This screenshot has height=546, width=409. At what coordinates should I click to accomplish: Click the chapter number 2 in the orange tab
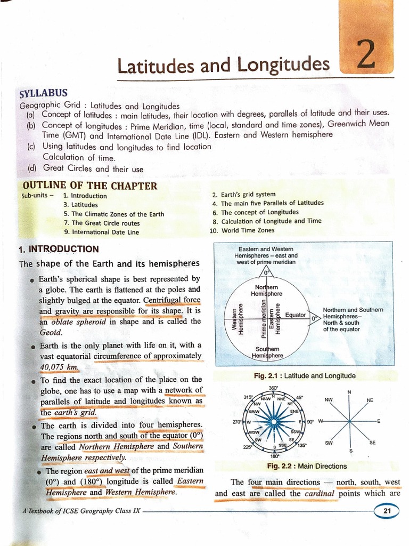pos(366,58)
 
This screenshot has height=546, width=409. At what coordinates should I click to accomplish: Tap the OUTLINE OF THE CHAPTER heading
pos(90,186)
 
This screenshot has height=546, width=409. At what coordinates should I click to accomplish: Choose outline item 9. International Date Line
pos(101,232)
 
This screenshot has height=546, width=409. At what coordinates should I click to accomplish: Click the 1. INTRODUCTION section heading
pos(59,249)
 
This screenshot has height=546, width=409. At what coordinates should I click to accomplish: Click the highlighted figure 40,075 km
pos(59,367)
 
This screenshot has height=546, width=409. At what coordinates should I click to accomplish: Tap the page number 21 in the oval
pos(386,511)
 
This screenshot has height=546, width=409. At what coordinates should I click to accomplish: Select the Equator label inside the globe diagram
pos(296,315)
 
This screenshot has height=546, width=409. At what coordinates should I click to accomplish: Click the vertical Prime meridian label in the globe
pos(264,318)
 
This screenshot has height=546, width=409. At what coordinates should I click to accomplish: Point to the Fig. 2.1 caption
pos(304,376)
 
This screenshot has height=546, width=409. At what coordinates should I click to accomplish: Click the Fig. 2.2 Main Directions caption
pos(307,466)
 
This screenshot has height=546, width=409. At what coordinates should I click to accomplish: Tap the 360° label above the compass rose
pos(273,388)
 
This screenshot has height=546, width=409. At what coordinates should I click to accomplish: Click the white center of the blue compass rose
pos(273,422)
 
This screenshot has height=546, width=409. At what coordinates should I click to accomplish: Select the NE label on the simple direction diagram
pos(370,400)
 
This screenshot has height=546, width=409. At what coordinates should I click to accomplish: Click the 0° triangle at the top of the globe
pos(267,272)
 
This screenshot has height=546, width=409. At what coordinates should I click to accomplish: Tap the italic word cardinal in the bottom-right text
pos(320,494)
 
